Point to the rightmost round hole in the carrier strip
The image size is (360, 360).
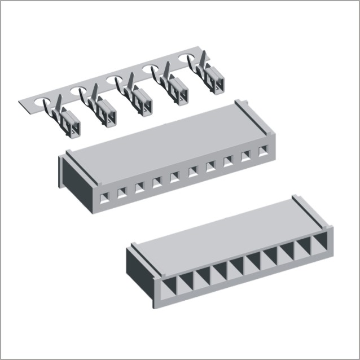pos(187,59)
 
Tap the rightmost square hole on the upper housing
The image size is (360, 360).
pos(263,151)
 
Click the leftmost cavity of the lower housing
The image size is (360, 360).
pos(168,288)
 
